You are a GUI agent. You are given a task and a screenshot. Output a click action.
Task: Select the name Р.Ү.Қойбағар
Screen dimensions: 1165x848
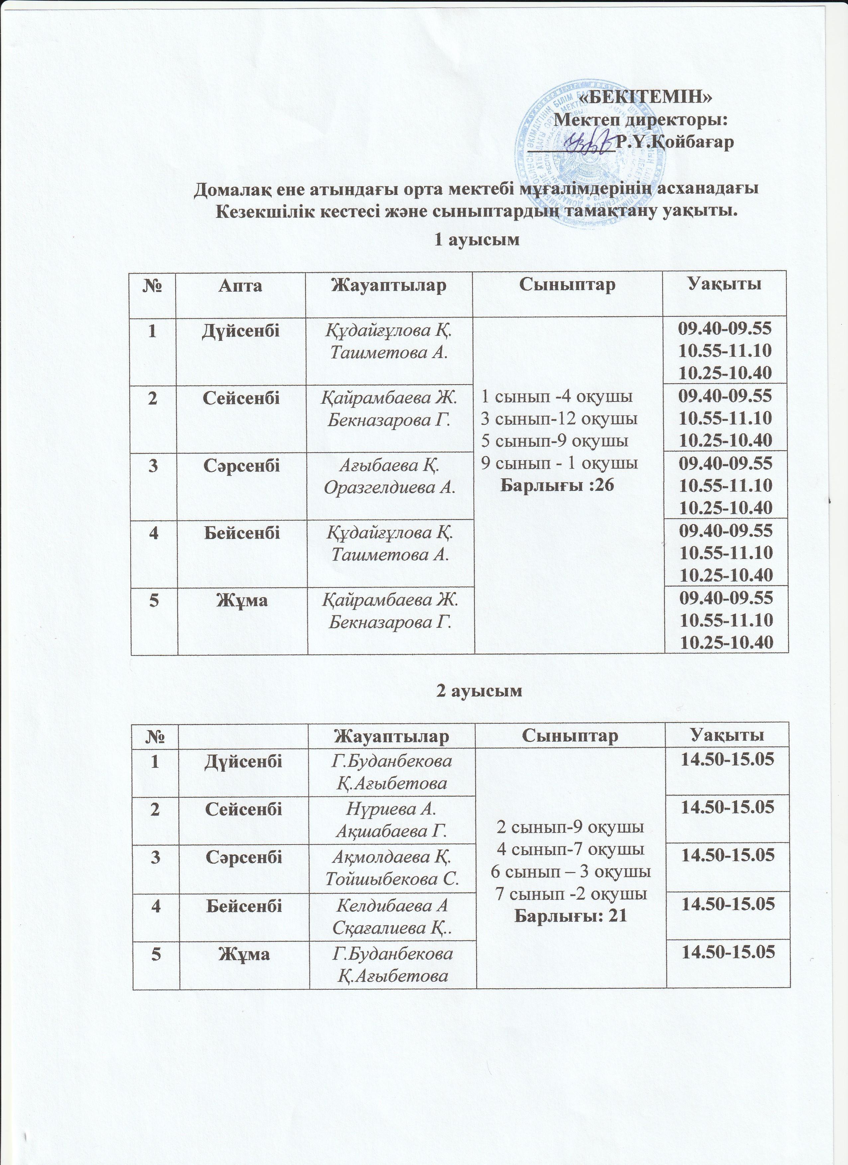674,142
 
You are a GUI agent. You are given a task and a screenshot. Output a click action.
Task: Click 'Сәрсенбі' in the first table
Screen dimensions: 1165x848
242,465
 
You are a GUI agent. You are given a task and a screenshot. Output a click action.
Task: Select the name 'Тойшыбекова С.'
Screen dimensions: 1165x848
392,879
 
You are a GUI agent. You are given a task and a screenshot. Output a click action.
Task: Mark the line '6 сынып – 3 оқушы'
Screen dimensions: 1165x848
571,872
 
